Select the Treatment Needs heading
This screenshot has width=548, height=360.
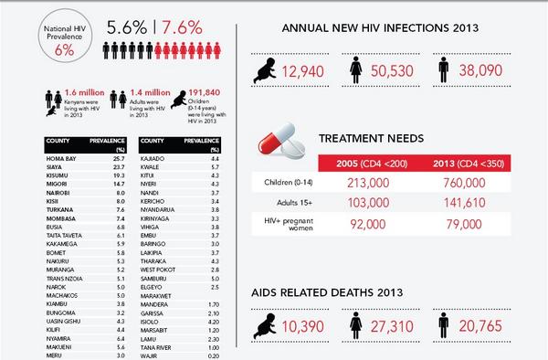[370, 138]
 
